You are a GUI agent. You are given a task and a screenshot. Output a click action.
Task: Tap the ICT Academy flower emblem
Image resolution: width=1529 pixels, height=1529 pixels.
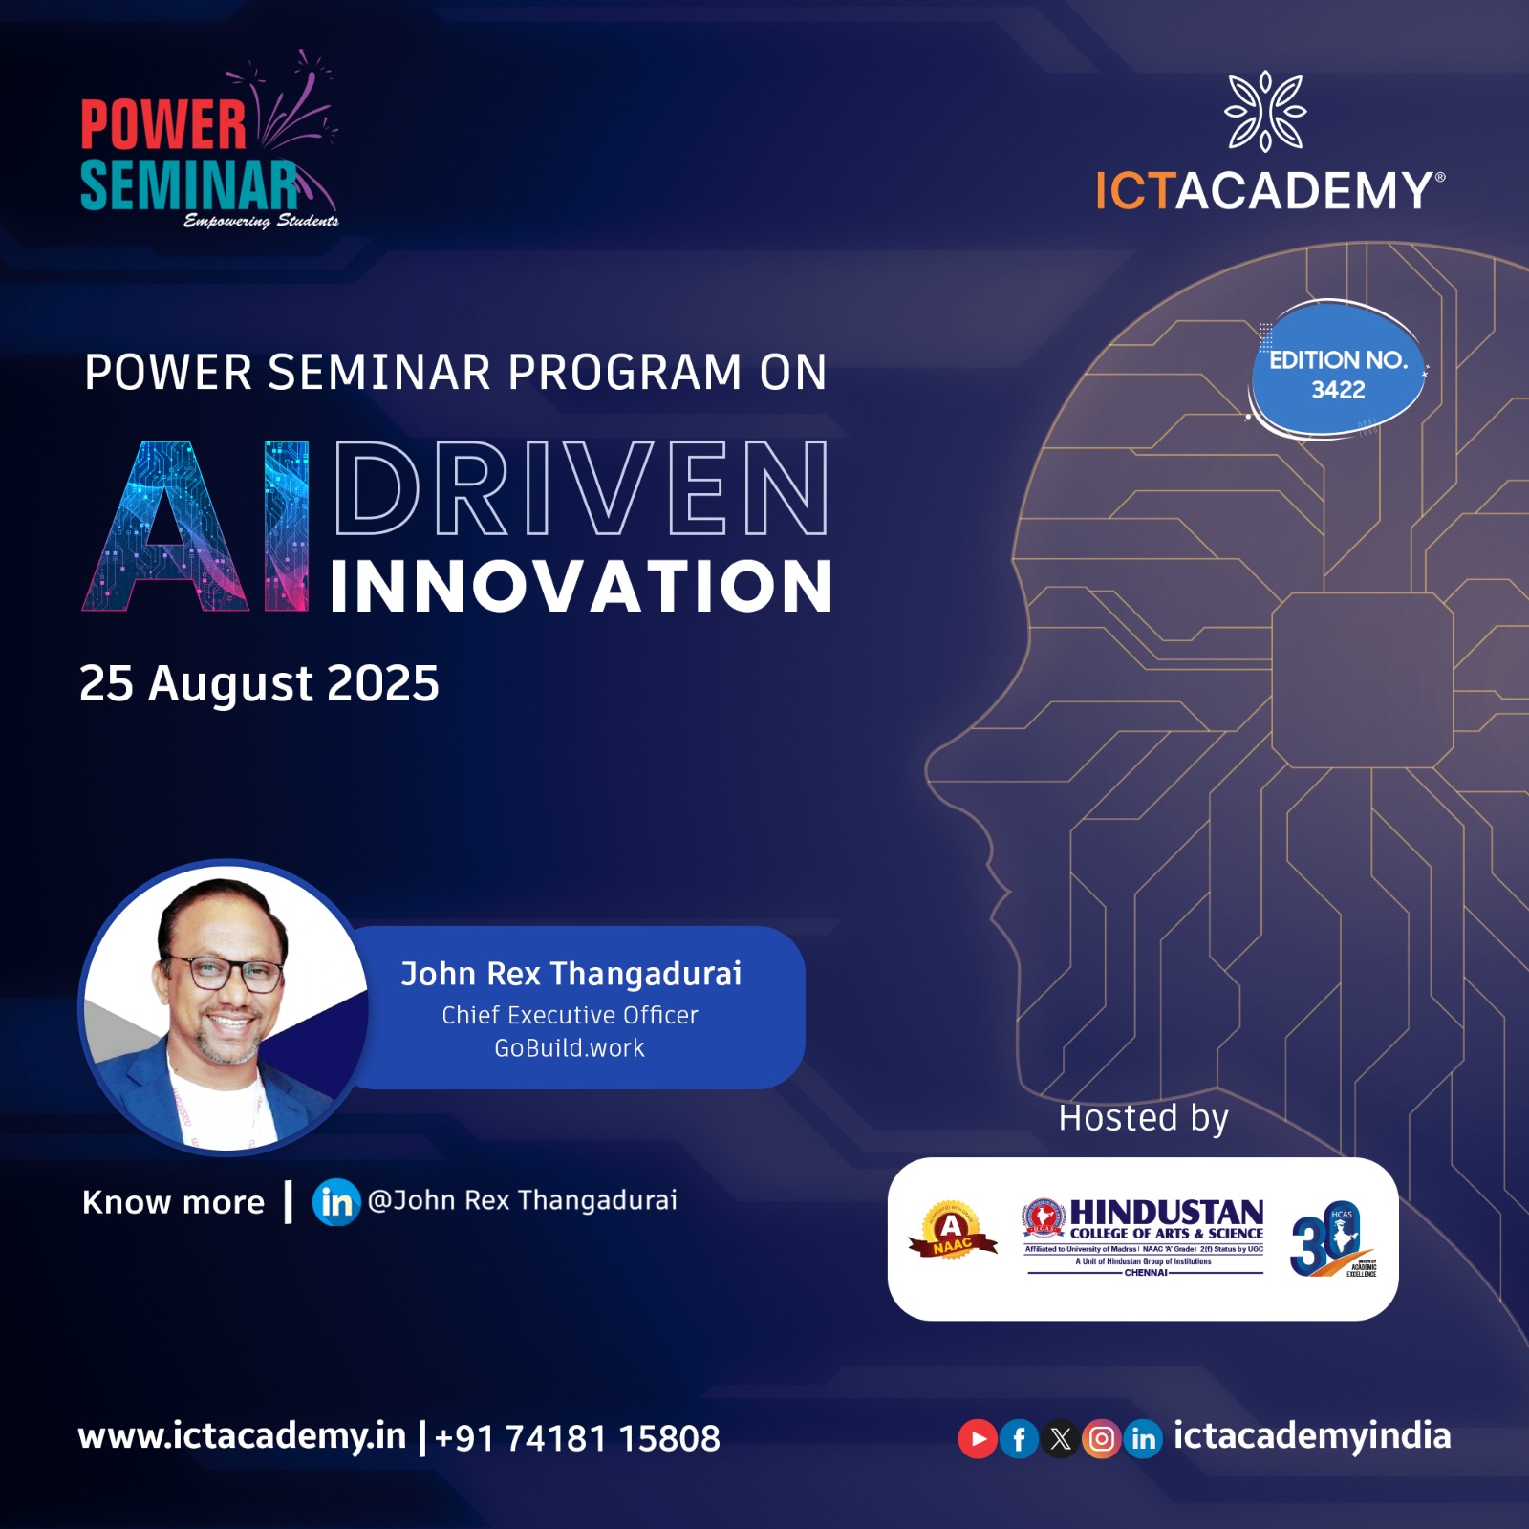[1265, 111]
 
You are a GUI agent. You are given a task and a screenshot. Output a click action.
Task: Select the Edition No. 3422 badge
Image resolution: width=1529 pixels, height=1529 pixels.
[1338, 373]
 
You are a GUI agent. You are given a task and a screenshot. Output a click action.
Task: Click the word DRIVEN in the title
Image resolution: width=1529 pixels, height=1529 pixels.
[581, 488]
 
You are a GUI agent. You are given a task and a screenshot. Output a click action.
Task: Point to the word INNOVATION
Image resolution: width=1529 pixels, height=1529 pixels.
[581, 586]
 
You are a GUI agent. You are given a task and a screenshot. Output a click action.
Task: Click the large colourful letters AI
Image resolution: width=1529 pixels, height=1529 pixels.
[196, 526]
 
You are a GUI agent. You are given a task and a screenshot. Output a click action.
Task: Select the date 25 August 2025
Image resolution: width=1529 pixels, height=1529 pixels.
[259, 683]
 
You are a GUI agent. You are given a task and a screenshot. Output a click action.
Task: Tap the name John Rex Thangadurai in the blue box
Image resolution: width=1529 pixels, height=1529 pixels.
[571, 974]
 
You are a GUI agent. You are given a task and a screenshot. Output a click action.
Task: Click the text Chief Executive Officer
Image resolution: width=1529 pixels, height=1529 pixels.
[570, 1015]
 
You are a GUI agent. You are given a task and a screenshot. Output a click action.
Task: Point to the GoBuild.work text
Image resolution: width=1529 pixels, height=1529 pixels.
[570, 1048]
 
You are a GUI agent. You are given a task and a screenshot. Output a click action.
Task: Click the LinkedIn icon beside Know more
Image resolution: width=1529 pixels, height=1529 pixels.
[335, 1202]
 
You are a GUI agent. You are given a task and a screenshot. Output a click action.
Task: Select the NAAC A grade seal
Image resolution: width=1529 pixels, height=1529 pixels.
[952, 1231]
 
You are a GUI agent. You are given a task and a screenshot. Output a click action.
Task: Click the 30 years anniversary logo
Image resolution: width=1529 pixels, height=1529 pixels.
[1332, 1239]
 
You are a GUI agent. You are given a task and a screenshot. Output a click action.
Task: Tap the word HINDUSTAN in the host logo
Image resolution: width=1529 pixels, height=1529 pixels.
[1166, 1213]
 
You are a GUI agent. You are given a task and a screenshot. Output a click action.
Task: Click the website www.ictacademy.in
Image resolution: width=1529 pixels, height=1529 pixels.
[242, 1436]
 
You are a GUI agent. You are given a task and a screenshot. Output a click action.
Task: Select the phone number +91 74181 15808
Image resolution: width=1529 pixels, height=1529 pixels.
[577, 1438]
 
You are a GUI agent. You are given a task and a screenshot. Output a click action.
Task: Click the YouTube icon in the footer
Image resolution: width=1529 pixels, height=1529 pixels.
[978, 1439]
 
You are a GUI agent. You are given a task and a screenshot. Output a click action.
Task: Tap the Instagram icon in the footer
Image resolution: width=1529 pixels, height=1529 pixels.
[1102, 1439]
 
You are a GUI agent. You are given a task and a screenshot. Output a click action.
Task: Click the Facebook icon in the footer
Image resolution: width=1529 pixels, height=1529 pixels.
[1020, 1439]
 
